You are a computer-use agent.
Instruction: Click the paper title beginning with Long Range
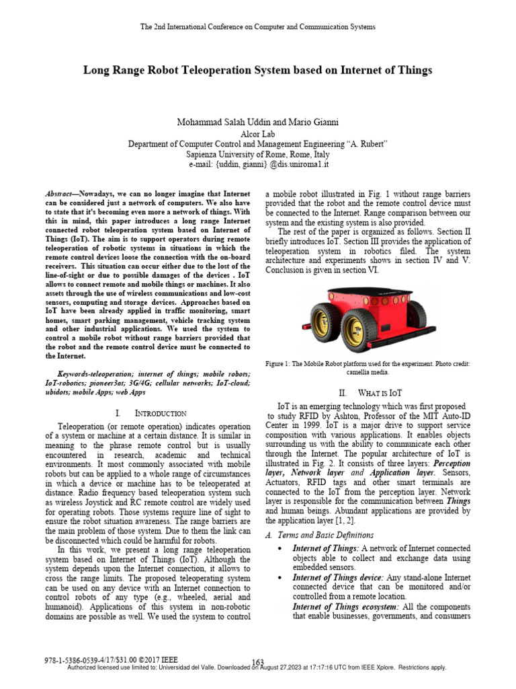tap(257, 70)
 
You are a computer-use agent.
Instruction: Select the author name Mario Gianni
tap(312, 122)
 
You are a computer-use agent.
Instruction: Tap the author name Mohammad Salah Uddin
tap(224, 122)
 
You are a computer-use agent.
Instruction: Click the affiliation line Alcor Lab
tap(258, 134)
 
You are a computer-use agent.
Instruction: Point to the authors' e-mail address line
tap(258, 163)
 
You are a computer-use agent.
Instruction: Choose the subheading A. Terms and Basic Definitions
tap(320, 535)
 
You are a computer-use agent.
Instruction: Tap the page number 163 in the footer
tap(257, 662)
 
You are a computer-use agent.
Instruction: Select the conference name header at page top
tap(257, 26)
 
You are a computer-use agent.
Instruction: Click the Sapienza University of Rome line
tap(258, 153)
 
